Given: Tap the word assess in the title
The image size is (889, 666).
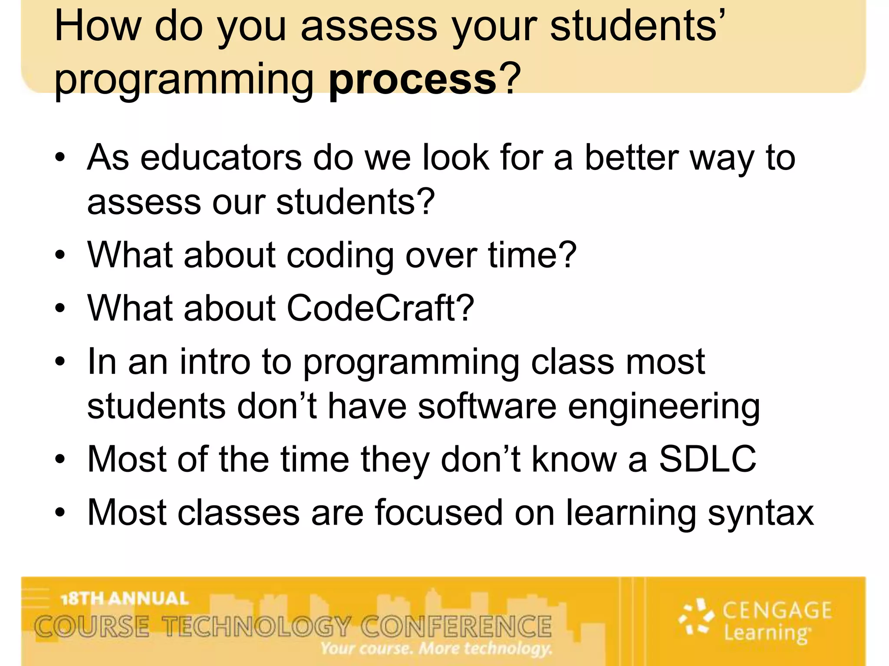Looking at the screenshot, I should [x=369, y=27].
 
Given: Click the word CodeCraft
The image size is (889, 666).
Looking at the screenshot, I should [x=373, y=308].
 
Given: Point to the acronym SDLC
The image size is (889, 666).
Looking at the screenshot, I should [x=708, y=459].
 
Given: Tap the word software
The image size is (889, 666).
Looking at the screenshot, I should [x=487, y=406].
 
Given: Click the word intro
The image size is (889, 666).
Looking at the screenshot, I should [x=215, y=362].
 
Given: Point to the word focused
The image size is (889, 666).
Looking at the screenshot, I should [x=439, y=513].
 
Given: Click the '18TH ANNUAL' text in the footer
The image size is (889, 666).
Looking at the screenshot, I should [x=125, y=599].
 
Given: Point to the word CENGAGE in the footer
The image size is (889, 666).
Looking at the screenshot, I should [x=777, y=610].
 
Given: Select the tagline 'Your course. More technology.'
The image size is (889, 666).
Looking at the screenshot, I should [x=436, y=649].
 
